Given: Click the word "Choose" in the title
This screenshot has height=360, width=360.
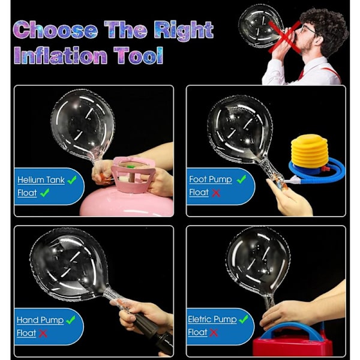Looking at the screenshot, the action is pos(55,29).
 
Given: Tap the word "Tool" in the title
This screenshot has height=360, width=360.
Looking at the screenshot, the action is pos(138,55).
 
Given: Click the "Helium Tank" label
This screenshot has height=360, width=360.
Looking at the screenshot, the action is pos(41,180).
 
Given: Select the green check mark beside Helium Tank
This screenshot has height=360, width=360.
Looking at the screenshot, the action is pos(72,180).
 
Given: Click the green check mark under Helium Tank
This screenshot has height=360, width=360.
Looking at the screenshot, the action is pos(44,193).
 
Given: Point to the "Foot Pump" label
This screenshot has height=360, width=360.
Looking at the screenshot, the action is pos(211,179).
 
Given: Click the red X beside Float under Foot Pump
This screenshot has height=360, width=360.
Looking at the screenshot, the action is pos(216,193).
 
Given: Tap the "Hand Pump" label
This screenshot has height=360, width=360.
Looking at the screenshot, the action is pos(40,320).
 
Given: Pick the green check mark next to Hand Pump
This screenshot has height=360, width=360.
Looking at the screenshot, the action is pos(70,320).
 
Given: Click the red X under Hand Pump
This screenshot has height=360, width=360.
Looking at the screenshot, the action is pos(43,334).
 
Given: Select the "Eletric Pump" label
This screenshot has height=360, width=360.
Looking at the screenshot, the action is pos(212,319).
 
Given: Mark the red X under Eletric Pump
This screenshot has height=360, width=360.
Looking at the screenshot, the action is pos(214,332).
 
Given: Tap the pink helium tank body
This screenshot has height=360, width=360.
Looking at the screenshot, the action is pos(126,203).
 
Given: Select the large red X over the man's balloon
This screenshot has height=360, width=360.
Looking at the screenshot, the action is pos(285,37).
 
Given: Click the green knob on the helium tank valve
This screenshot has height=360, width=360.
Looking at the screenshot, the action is pos(130,166).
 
